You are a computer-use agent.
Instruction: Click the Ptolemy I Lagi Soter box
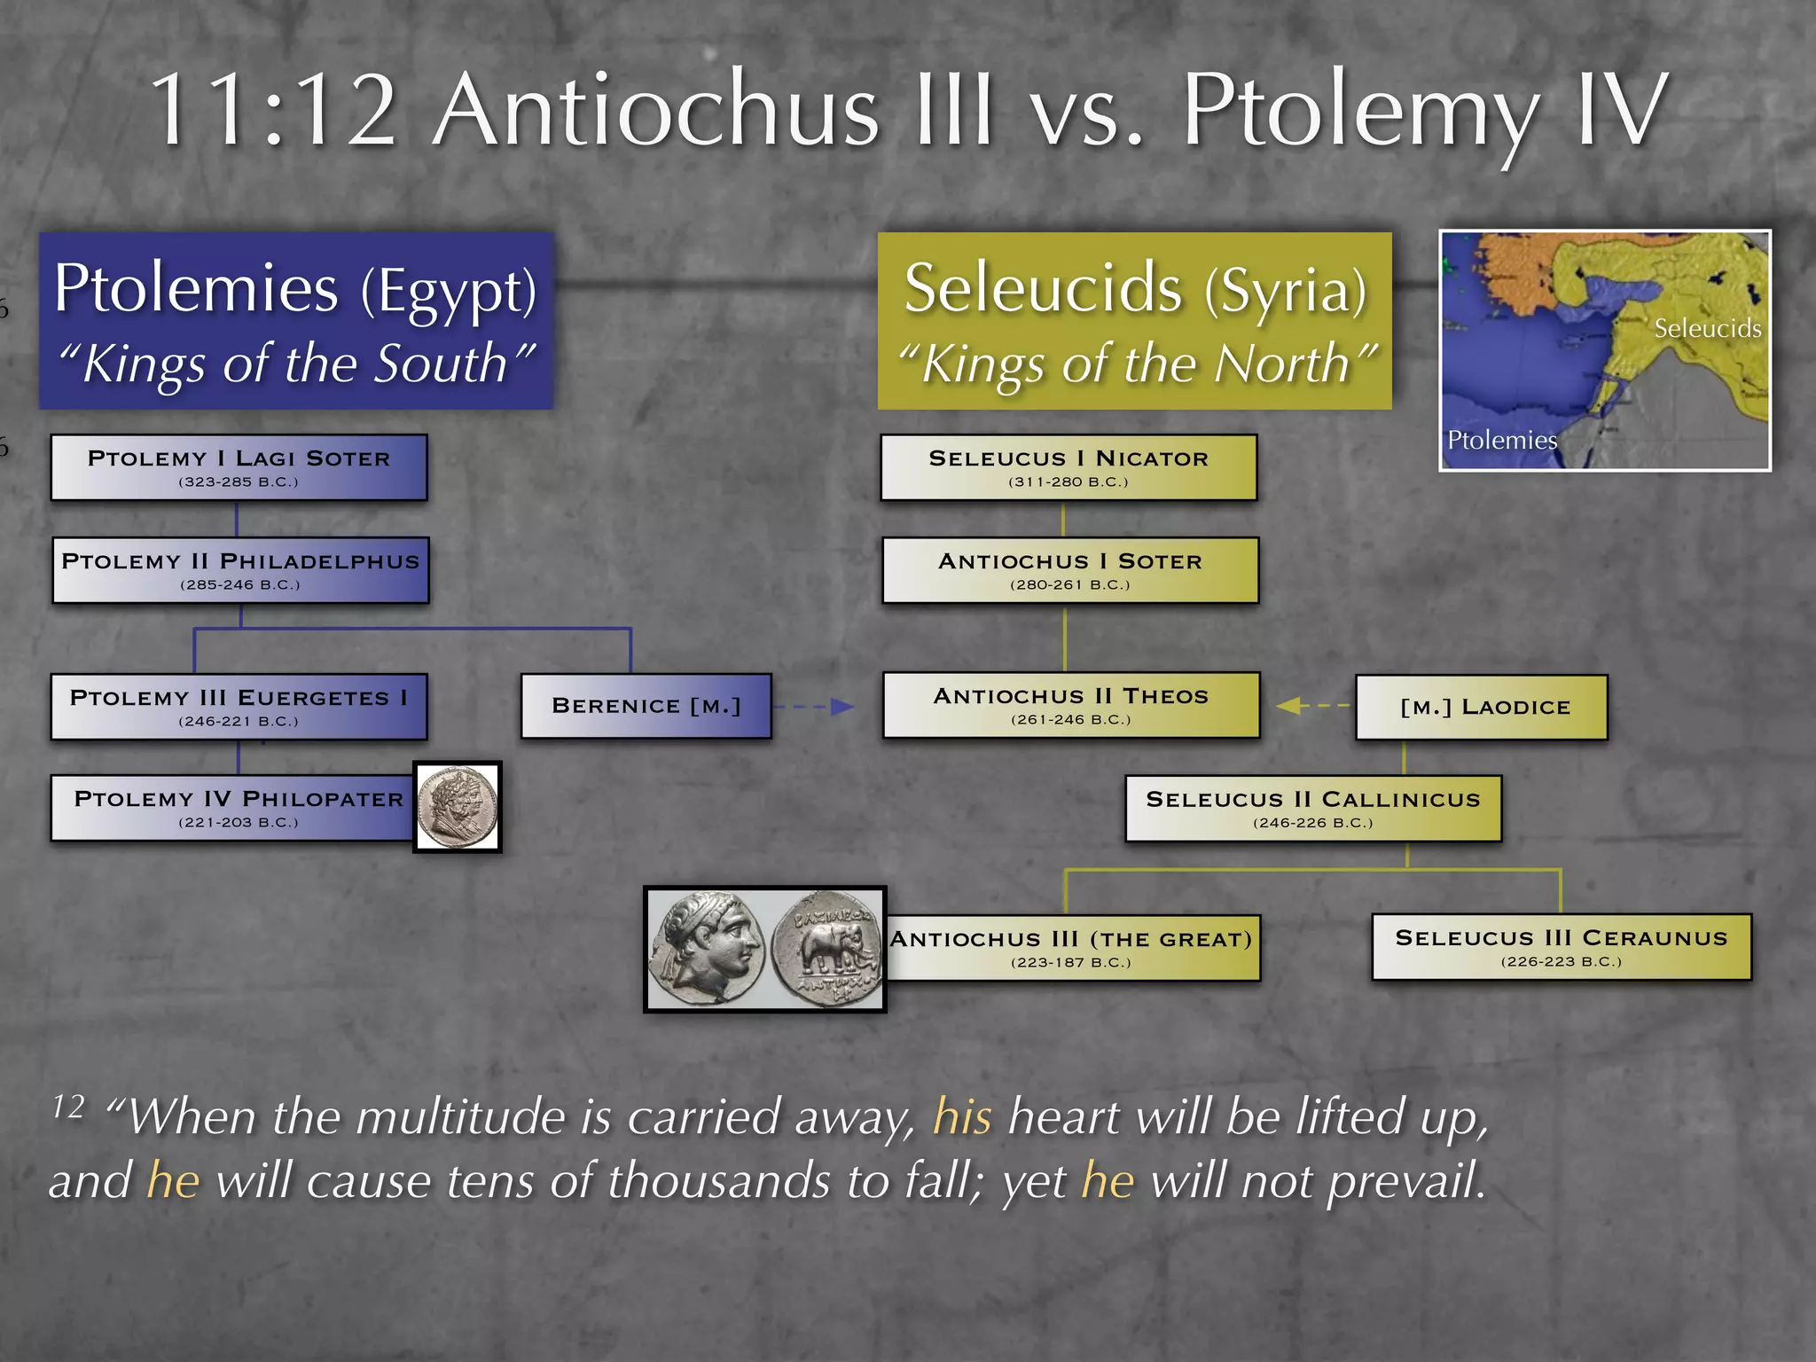click(x=239, y=467)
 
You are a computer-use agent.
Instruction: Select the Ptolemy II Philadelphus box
click(x=240, y=570)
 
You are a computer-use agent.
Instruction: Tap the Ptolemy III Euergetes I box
click(x=239, y=707)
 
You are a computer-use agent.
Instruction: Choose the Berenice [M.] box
click(x=646, y=706)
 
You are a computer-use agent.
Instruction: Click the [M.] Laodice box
click(x=1481, y=707)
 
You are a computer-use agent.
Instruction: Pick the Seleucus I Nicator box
click(x=1068, y=467)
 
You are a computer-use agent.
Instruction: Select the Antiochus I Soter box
click(x=1070, y=570)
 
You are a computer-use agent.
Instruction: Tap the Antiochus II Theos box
click(x=1071, y=705)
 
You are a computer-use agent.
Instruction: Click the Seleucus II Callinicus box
click(x=1313, y=808)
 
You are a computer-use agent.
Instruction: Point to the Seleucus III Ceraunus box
click(x=1562, y=947)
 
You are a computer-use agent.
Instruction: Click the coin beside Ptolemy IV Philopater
click(x=458, y=806)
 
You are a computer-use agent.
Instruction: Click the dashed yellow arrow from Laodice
click(x=1313, y=706)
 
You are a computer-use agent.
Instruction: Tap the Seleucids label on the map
click(x=1707, y=329)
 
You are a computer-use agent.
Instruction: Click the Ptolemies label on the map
click(x=1501, y=440)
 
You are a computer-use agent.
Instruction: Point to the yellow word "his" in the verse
click(x=962, y=1116)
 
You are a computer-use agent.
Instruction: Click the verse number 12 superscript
click(x=68, y=1106)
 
